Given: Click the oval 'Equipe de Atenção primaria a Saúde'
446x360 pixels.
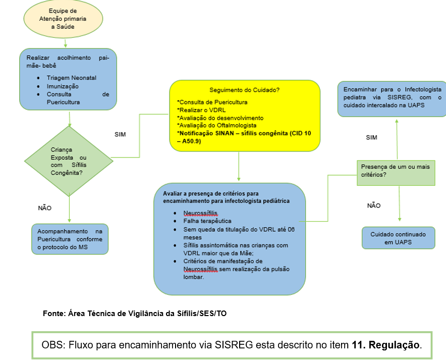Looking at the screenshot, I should (63, 19).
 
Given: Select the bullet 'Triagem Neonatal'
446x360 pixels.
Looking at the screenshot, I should (71, 78).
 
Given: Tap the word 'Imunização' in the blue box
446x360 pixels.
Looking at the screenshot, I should (63, 86).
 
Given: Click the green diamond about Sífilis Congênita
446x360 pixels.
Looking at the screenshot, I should (69, 161).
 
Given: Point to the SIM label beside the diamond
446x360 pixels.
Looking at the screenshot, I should (120, 134).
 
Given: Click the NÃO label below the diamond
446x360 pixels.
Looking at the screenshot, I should (45, 208).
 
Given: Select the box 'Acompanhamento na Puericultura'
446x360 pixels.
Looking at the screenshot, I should (70, 239).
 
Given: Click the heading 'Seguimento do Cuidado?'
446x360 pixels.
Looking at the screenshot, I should (244, 90).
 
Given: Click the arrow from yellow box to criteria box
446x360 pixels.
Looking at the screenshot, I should (238, 167).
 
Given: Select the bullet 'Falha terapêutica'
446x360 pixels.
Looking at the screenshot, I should (207, 221).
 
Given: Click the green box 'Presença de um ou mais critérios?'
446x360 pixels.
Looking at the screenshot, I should (397, 170).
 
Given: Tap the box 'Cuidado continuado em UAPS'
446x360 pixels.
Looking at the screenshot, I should (398, 238).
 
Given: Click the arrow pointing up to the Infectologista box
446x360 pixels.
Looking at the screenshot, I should (397, 136).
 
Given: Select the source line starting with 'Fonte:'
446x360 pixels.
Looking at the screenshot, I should (135, 314).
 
